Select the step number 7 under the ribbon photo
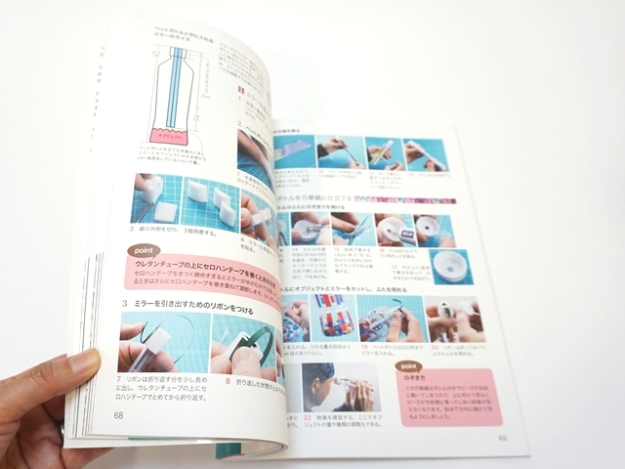pos(117,376)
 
